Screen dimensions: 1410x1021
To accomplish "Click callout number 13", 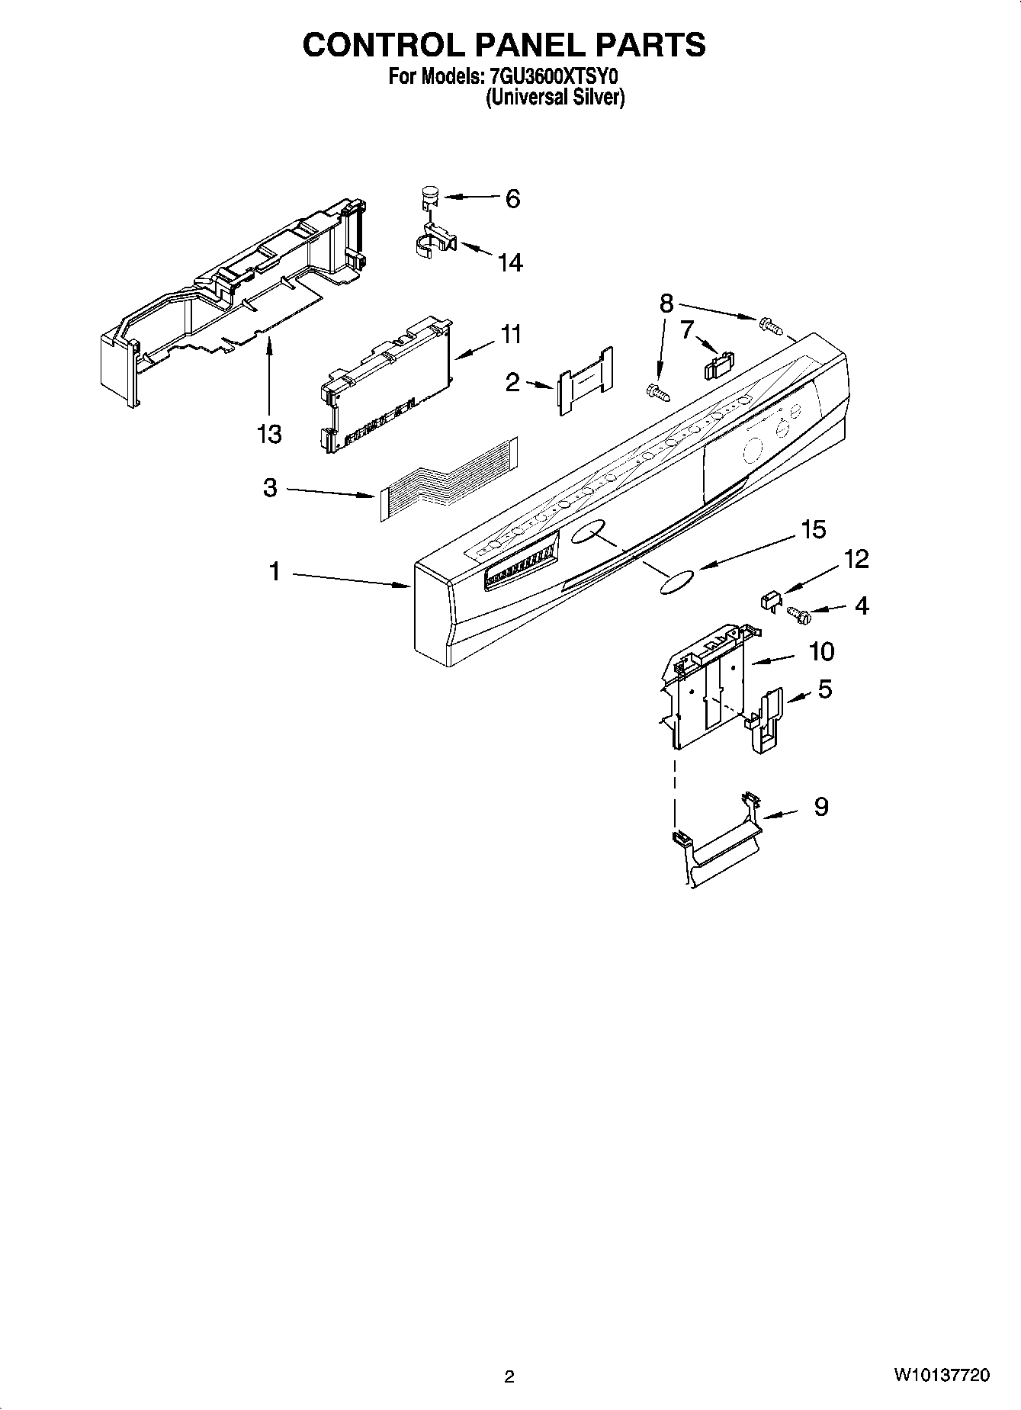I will tap(268, 434).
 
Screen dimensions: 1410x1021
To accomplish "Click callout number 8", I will tap(666, 304).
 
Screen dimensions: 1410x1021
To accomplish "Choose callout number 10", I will tap(821, 652).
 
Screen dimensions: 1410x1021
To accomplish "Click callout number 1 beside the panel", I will tap(274, 571).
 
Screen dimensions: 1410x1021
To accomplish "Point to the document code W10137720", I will tap(942, 1376).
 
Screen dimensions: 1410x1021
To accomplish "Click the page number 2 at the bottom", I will tap(509, 1377).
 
